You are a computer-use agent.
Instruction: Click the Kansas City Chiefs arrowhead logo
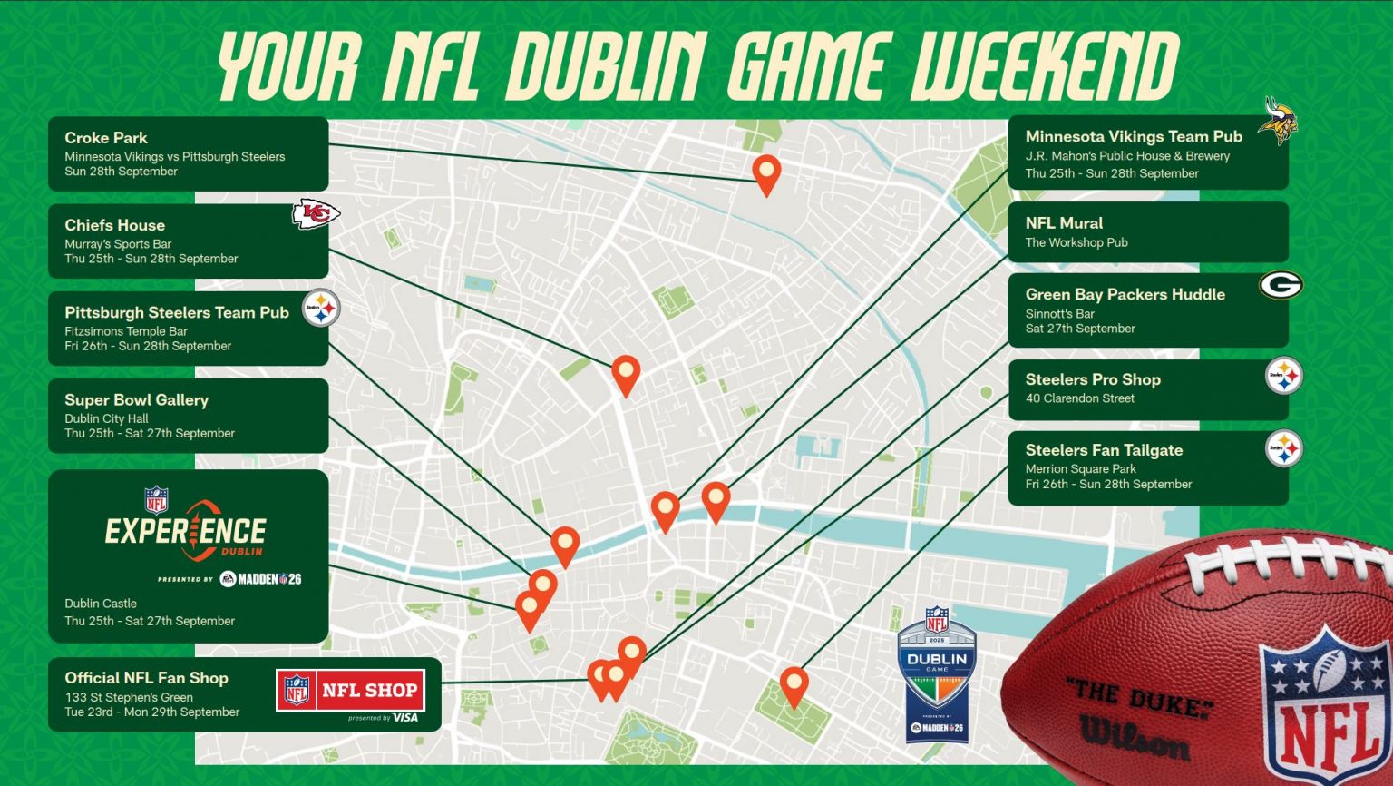(x=316, y=214)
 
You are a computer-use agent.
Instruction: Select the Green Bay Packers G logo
(x=1281, y=285)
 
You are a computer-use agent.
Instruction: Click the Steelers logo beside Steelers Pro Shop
(x=1284, y=376)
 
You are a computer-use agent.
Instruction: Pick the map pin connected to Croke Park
(x=766, y=172)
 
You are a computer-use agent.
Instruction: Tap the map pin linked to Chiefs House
(x=626, y=372)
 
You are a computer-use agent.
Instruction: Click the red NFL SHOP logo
(x=351, y=691)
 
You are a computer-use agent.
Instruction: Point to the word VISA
(x=405, y=718)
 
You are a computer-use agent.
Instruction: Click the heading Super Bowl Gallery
(x=136, y=399)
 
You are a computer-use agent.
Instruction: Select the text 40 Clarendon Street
(x=1079, y=398)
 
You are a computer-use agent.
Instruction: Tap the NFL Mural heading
(x=1064, y=223)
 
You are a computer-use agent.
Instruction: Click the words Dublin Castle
(x=101, y=604)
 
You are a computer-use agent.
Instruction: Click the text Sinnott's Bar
(x=1059, y=314)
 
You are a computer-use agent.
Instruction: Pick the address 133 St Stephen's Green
(x=129, y=698)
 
